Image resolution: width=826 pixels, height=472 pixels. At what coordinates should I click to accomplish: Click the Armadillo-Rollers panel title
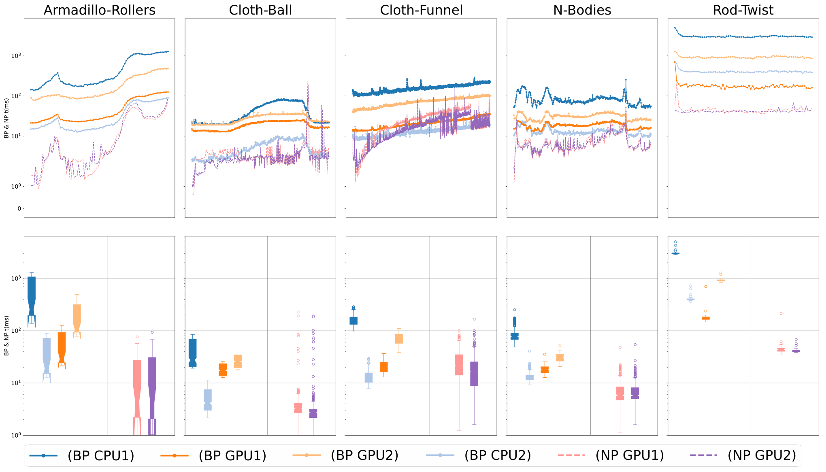[x=100, y=10]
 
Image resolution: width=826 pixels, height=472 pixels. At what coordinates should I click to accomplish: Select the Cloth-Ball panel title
[x=260, y=10]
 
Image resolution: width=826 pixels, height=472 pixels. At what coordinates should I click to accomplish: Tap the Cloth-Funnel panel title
[x=421, y=10]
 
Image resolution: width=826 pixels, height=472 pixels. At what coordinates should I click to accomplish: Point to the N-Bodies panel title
[x=582, y=10]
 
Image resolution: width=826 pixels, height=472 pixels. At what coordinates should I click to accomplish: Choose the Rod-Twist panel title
[x=743, y=10]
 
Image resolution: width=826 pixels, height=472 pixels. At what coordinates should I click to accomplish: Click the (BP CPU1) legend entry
[x=82, y=455]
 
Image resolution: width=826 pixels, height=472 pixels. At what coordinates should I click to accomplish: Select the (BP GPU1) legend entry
[x=213, y=455]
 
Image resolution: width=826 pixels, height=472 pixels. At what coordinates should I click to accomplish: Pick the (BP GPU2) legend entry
[x=345, y=455]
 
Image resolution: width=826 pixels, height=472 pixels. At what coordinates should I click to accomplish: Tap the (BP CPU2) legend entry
[x=479, y=455]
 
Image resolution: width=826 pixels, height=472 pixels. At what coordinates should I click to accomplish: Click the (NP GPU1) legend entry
[x=611, y=455]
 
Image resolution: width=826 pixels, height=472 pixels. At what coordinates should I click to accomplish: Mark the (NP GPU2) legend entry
[x=743, y=455]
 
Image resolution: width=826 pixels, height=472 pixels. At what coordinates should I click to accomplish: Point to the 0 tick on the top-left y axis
[x=19, y=209]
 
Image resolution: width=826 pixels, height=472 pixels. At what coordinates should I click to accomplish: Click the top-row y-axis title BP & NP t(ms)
[x=6, y=118]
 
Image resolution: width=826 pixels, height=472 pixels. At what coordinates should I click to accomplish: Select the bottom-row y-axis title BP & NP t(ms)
[x=6, y=336]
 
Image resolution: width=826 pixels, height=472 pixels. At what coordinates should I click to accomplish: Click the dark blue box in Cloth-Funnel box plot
[x=353, y=321]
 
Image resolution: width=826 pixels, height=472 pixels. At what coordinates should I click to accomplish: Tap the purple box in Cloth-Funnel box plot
[x=474, y=374]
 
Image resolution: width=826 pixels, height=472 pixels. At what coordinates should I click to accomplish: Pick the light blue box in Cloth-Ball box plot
[x=208, y=400]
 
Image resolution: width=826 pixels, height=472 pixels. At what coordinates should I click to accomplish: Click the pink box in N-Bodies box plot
[x=620, y=393]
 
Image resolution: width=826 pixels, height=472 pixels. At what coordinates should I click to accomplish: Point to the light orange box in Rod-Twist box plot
[x=721, y=280]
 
